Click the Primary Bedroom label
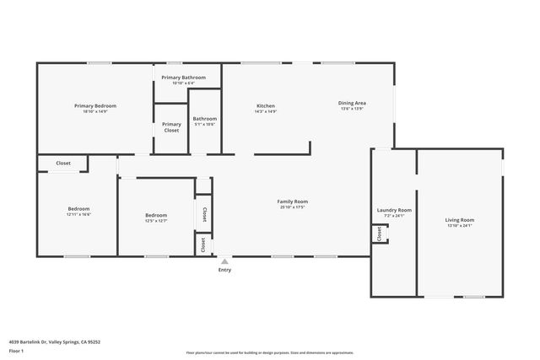coord(95,105)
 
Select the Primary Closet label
coord(171,127)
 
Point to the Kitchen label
coord(266,105)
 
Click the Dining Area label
coord(352,102)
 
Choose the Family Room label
coord(293,201)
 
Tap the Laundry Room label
coord(393,209)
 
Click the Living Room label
coord(460,220)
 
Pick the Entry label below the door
coord(224,270)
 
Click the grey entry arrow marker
coord(224,261)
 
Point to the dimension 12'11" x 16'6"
coord(78,214)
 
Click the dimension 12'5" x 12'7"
coord(156,221)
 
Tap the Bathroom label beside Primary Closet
coord(204,119)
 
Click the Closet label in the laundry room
coord(379,234)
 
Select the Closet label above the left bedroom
coord(63,163)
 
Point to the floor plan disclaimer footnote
coord(270,352)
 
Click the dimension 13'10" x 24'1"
coord(460,226)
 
